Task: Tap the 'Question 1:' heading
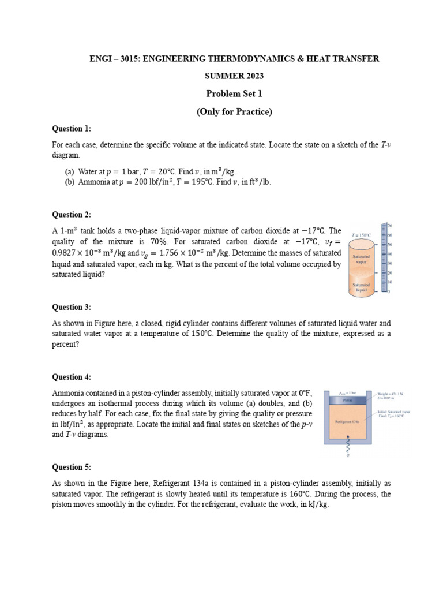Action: (72, 129)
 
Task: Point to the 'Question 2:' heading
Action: (72, 215)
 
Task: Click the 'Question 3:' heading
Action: (72, 307)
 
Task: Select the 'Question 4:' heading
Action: (72, 377)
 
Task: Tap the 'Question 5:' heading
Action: (72, 467)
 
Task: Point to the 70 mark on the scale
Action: (389, 225)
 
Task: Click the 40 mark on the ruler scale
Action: (389, 254)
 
